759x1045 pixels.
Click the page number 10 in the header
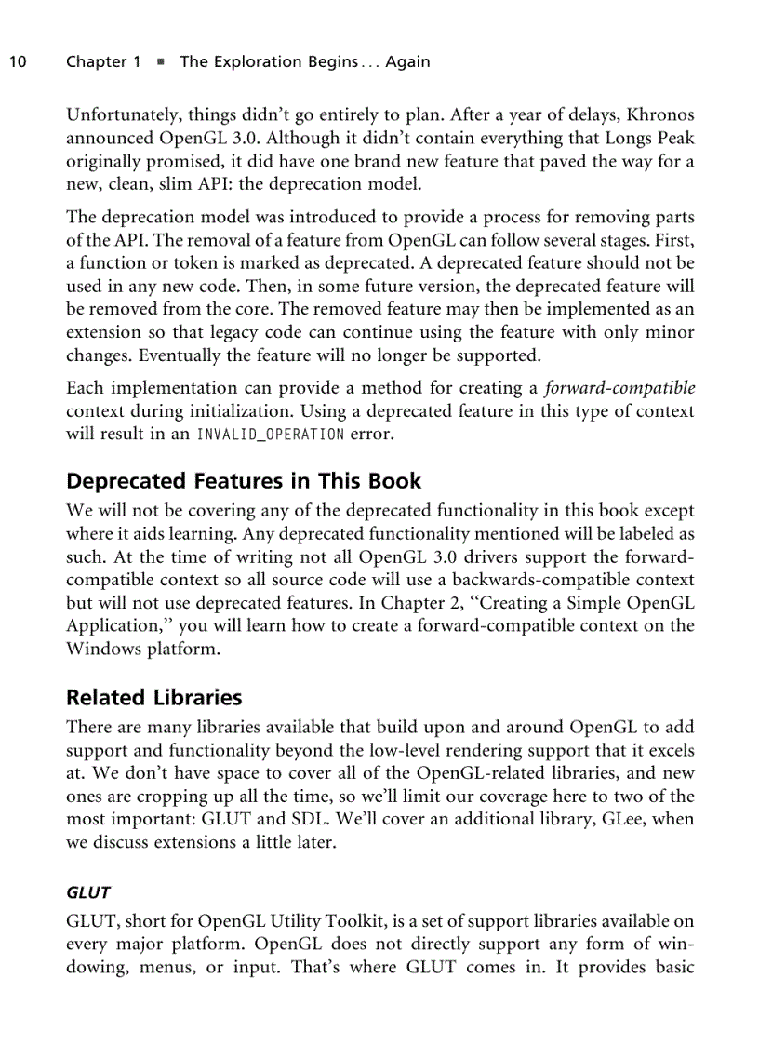coord(17,62)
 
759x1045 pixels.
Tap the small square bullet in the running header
coord(160,62)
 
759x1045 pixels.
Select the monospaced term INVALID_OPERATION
coord(270,434)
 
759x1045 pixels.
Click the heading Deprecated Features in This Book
coord(244,481)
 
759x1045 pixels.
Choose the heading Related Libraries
coord(153,698)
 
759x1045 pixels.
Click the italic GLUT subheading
coord(88,892)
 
